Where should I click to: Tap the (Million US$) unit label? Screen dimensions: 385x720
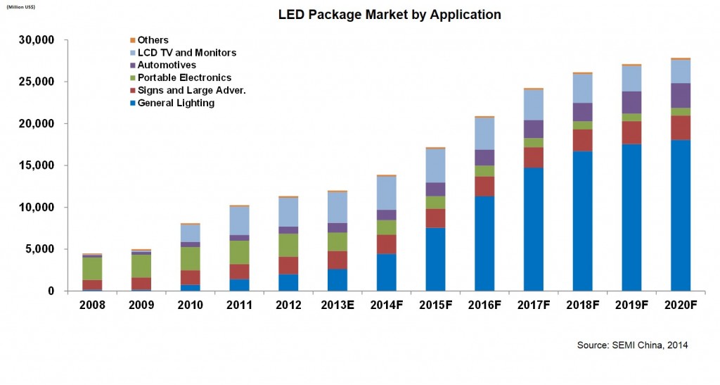22,7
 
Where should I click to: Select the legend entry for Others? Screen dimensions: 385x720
153,40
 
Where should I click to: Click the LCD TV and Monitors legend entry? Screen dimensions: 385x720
186,53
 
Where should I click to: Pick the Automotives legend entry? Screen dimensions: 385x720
166,65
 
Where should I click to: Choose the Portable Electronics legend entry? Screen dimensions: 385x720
184,77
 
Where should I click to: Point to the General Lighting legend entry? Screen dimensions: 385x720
176,103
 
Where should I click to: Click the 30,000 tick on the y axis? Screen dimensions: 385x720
35,40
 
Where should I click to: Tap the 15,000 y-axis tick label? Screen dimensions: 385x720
35,165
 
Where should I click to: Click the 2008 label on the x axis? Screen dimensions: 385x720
93,305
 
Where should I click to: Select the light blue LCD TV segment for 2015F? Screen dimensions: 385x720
436,165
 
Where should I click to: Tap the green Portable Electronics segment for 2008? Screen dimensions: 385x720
93,268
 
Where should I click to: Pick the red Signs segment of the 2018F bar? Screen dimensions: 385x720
582,140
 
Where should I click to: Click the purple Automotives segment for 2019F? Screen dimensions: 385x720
631,102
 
